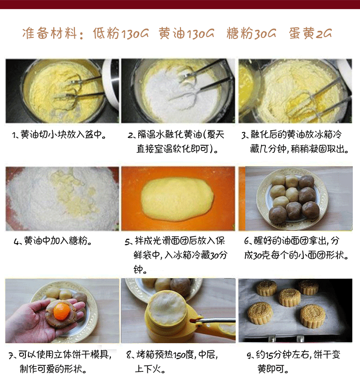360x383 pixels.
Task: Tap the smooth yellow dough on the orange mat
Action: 178,197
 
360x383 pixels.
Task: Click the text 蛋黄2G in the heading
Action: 311,34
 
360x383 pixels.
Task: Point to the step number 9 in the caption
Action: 249,356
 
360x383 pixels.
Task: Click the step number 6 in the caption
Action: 247,241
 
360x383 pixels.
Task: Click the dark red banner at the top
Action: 180,4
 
